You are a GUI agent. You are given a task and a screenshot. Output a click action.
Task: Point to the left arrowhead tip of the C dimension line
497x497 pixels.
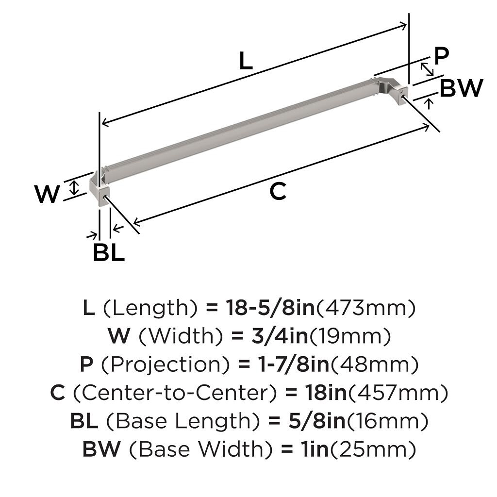click(x=133, y=222)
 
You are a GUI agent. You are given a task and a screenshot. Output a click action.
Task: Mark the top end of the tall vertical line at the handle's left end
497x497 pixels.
click(x=100, y=112)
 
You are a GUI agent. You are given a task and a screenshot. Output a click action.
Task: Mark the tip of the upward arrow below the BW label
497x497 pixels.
click(x=430, y=99)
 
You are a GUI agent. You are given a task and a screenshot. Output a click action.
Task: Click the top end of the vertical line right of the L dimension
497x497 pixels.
click(x=409, y=14)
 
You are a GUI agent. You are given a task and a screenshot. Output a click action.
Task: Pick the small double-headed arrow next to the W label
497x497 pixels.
click(x=74, y=187)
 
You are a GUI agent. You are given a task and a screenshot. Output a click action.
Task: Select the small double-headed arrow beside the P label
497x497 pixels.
click(x=427, y=69)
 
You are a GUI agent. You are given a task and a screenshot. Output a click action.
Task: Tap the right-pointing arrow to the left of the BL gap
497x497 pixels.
click(x=92, y=235)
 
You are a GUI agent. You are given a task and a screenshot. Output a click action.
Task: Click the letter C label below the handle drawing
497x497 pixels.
click(x=278, y=191)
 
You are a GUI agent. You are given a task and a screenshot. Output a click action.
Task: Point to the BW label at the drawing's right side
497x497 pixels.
click(x=461, y=88)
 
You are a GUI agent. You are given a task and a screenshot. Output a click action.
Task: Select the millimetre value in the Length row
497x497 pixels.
click(x=366, y=308)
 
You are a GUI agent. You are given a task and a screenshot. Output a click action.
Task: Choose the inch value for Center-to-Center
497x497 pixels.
click(x=326, y=393)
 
